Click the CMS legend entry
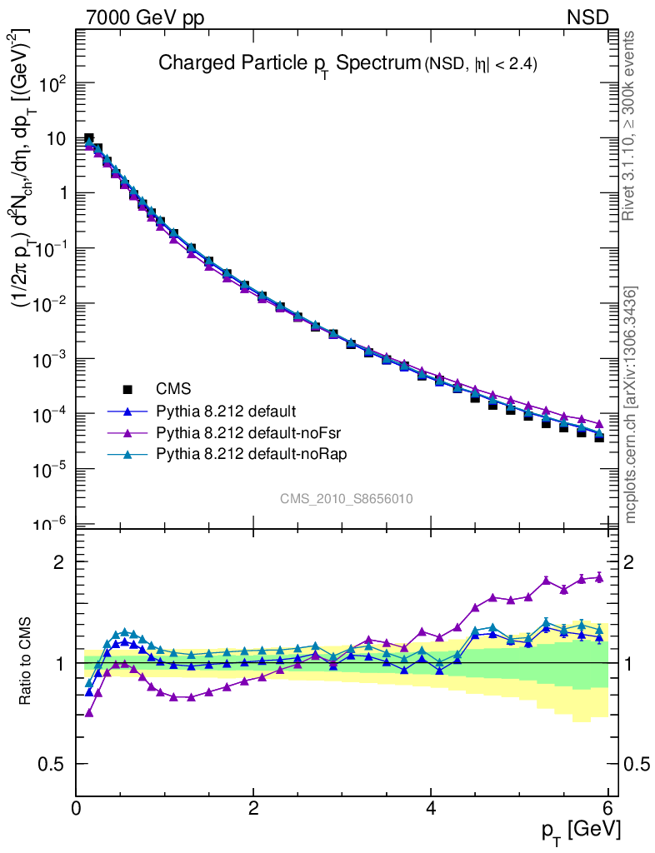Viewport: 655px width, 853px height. coord(173,389)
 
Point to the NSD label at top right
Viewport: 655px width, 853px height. coord(588,17)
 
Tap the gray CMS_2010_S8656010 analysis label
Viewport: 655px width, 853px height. coord(347,499)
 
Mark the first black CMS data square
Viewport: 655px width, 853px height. coord(89,138)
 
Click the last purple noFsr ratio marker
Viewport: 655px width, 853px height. coord(599,577)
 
